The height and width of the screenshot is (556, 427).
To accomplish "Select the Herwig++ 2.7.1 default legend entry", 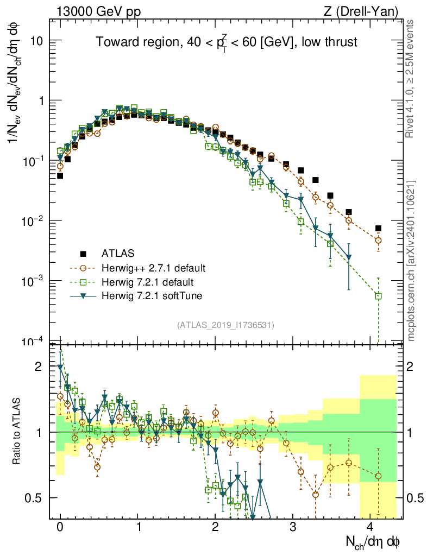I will pos(153,268).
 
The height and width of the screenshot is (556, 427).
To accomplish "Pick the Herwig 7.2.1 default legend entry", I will pos(148,282).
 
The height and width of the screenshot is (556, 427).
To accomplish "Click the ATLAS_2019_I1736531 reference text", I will pos(225,325).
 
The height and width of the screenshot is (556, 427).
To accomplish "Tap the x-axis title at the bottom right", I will pos(373,542).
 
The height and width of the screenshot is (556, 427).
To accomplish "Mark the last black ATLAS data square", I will pos(378,229).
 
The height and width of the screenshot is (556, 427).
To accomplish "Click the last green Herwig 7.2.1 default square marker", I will pos(378,296).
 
